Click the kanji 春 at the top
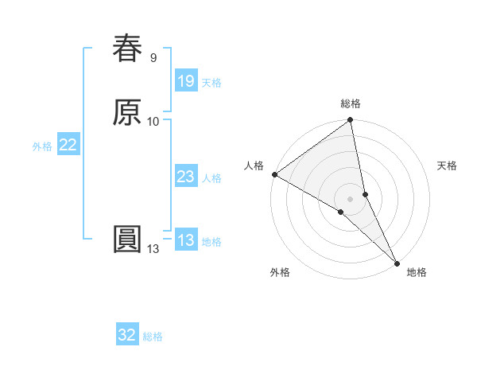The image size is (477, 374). (x=127, y=49)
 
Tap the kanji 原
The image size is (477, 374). (x=127, y=112)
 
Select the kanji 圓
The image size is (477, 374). (x=127, y=240)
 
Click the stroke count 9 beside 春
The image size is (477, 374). (x=153, y=57)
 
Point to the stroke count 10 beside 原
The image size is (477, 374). (x=153, y=121)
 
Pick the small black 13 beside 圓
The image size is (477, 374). (x=153, y=249)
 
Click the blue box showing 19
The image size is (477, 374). (x=185, y=81)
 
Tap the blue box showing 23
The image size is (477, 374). (x=185, y=177)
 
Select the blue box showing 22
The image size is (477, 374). (x=68, y=145)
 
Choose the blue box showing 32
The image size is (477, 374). (x=127, y=335)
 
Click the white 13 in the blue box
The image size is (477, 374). (x=185, y=240)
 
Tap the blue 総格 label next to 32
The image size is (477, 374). (x=153, y=337)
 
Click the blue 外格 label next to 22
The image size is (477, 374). (x=42, y=146)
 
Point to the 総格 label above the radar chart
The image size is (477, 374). (x=351, y=103)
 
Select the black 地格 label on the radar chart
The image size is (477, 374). (x=417, y=272)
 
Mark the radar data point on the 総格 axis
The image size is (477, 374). (x=351, y=121)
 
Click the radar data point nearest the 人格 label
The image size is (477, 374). (x=274, y=174)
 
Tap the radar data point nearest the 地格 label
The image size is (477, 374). (x=396, y=261)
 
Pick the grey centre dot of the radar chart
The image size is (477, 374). (x=351, y=198)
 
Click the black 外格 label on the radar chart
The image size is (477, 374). (x=280, y=272)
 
